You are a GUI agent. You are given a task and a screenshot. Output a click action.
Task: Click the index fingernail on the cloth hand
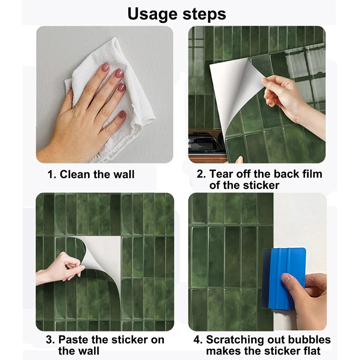pos(105,67)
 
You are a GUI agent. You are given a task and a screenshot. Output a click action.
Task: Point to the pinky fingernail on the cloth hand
pos(122,114)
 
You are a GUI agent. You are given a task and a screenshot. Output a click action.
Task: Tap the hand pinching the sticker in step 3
pos(60,269)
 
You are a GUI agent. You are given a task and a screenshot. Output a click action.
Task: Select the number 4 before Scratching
pos(198,340)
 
